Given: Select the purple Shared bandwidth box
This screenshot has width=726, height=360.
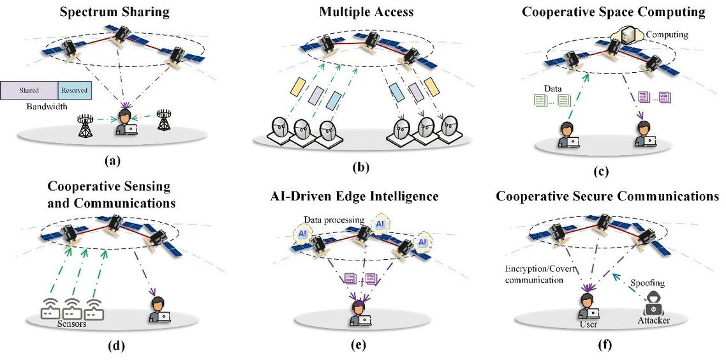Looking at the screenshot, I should (x=29, y=91).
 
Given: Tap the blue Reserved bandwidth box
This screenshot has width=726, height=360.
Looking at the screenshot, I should (x=75, y=91).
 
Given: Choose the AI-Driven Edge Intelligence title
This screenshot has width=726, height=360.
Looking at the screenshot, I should (x=360, y=197).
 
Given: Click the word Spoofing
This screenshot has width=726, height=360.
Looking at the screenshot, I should (x=648, y=281).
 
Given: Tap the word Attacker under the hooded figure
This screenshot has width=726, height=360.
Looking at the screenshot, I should (x=653, y=320).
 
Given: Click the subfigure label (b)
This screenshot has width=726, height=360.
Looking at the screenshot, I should (x=361, y=169).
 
